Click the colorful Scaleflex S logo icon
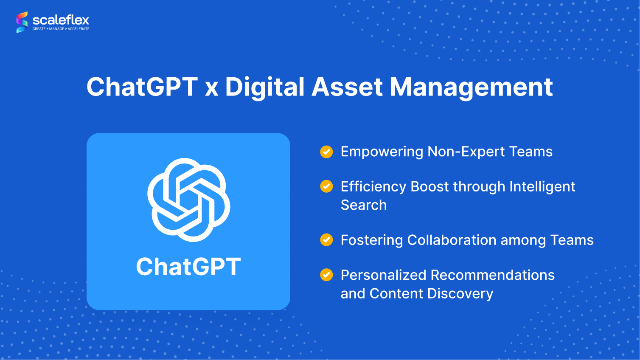click(22, 22)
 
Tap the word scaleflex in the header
click(61, 20)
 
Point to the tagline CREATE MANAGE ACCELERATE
click(61, 29)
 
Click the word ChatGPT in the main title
click(142, 87)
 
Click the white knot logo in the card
click(188, 200)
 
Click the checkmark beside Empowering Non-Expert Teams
click(326, 152)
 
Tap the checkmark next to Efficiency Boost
click(326, 186)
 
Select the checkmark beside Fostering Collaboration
click(326, 240)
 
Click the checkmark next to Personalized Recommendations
click(326, 275)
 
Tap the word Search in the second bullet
click(364, 205)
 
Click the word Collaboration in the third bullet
click(452, 240)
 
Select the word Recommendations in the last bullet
click(493, 275)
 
